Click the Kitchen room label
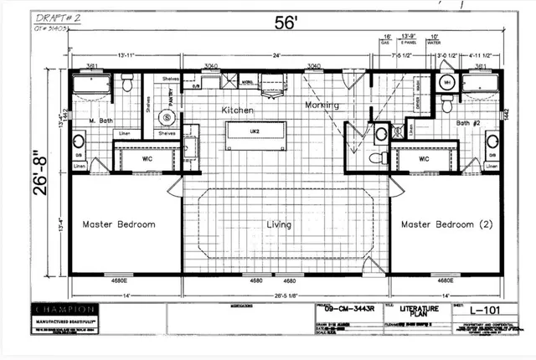coord(237,110)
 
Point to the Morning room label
coord(321,105)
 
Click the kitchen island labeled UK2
coord(255,132)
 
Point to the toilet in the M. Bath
coord(127,83)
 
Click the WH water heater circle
coord(447,84)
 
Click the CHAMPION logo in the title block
coord(67,308)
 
